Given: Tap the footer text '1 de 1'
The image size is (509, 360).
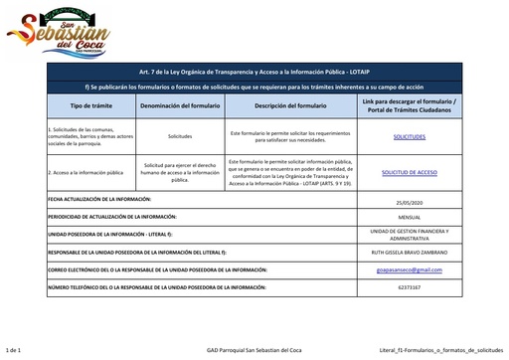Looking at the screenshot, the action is tap(14, 351).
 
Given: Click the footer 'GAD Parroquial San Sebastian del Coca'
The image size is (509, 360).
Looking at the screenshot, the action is tap(254, 351).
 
